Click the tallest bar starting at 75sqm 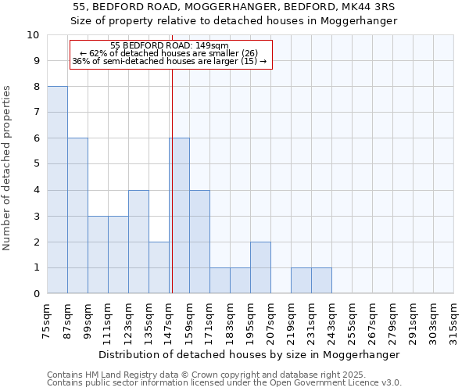(57, 190)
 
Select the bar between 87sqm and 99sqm (77, 216)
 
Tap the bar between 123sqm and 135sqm (138, 242)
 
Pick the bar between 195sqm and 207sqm (260, 267)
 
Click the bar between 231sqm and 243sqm (321, 281)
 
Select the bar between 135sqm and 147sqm (159, 267)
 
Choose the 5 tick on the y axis (36, 164)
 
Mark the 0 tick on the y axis (36, 293)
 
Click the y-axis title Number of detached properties (8, 167)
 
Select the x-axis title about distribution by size (250, 354)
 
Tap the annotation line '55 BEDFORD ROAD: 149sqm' (170, 45)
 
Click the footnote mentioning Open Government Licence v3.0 (224, 383)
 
